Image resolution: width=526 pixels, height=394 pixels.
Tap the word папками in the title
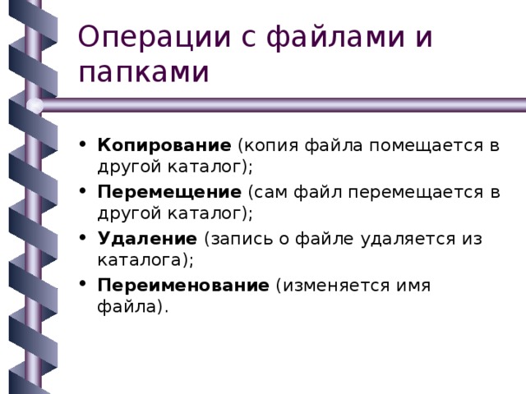[144, 72]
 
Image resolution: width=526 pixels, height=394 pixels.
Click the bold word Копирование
[164, 146]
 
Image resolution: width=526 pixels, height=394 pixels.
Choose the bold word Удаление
[146, 239]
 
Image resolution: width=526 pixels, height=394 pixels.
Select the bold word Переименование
[182, 286]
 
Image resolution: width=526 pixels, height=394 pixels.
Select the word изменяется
[336, 286]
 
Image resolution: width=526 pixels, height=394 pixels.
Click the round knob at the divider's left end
[35, 105]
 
